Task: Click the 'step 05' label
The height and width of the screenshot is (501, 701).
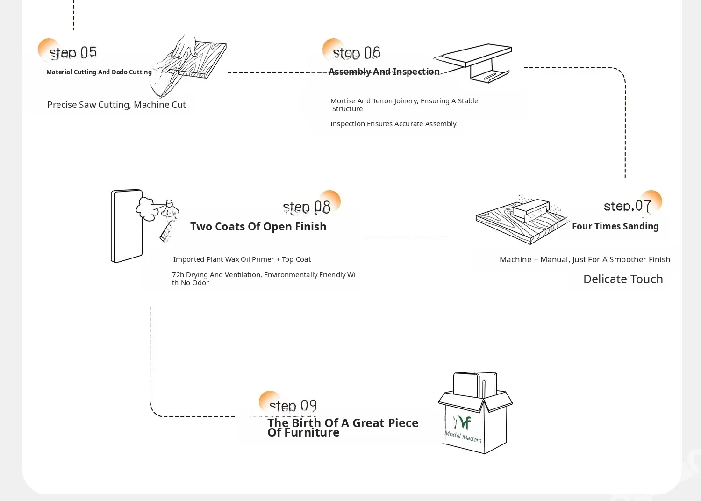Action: (73, 53)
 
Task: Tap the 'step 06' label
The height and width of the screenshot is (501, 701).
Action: (357, 53)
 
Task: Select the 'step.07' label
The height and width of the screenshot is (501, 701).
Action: (628, 206)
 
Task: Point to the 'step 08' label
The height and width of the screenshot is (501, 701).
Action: (307, 207)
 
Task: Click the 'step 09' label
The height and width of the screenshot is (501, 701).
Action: (293, 406)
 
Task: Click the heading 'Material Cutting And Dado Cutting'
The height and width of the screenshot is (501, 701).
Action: (99, 72)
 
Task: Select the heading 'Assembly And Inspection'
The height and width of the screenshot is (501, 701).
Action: (384, 72)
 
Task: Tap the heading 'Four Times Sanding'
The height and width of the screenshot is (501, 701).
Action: (615, 226)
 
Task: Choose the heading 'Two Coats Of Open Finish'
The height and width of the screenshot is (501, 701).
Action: (258, 227)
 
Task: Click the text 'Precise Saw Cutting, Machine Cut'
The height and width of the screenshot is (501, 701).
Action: (116, 105)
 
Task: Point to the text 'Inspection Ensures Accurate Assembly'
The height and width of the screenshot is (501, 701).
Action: (393, 123)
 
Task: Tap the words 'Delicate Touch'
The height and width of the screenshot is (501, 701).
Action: (623, 279)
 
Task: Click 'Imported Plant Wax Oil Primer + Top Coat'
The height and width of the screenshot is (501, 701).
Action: (242, 259)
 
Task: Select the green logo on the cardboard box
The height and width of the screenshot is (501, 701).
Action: (462, 422)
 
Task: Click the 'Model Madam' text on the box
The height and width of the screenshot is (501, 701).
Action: (463, 437)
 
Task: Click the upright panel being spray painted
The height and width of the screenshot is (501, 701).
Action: (127, 226)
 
